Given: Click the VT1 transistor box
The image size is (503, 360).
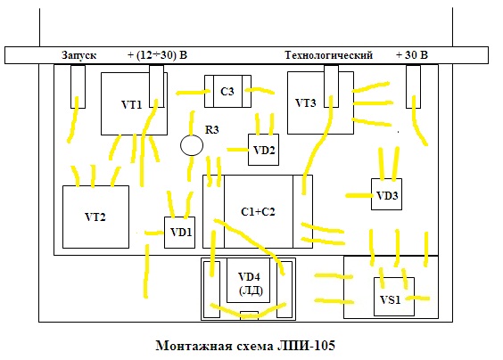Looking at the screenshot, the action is pos(134,103).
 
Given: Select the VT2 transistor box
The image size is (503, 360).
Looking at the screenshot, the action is pos(95,217).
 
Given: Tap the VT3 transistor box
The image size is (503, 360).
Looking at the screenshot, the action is pos(320,102).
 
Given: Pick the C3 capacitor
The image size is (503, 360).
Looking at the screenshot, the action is pos(227,92).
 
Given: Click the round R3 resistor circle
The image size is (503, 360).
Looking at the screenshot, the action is pos(192,145).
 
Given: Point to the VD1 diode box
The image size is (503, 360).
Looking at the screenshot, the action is pos(179,232).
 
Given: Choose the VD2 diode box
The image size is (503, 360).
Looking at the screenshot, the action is pos(263,150).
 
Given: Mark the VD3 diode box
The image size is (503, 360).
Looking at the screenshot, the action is pos(386,194).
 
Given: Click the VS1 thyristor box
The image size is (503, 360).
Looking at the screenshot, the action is pos(394,297).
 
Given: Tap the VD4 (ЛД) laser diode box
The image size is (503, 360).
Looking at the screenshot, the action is pos(248,280).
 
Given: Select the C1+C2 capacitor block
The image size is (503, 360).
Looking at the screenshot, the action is pos(258,211).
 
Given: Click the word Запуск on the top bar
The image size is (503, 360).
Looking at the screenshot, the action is pos(78,55).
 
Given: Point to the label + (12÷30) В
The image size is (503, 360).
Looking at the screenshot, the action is pos(157,55).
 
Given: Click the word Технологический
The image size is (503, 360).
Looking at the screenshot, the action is pos(329,55).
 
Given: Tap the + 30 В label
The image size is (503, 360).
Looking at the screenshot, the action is pos(412,55).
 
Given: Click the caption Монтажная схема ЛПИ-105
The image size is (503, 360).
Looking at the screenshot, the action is pos(245,346).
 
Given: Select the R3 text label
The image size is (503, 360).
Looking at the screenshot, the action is pos(212,130).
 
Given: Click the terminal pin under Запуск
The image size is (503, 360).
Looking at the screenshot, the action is pos(78,86).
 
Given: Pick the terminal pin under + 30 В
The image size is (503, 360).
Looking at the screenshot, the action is pos(413,86).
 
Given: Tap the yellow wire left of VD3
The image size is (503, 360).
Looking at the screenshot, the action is pos(359,195).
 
